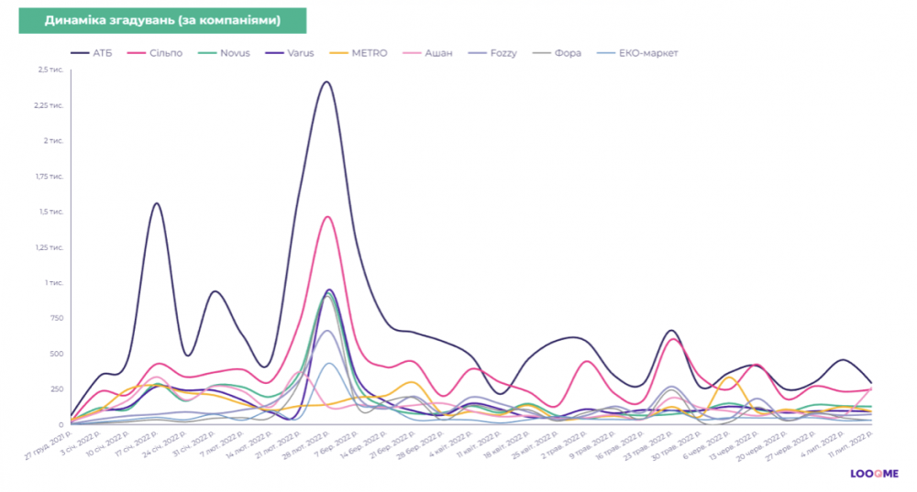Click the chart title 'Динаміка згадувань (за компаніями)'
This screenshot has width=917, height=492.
tap(162, 19)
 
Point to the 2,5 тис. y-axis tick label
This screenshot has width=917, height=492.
tap(50, 70)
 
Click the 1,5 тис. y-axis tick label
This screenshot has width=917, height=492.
tap(50, 212)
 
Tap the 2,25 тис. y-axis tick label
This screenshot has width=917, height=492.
tap(49, 105)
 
